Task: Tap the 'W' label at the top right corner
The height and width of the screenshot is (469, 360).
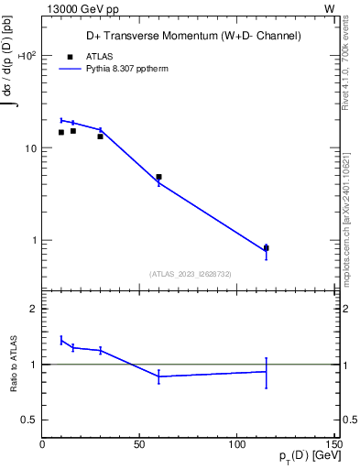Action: click(329, 8)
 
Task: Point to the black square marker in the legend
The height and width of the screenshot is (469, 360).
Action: click(69, 56)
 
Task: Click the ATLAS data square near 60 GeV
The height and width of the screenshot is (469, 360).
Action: click(158, 177)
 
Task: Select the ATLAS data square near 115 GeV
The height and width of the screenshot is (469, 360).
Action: click(267, 247)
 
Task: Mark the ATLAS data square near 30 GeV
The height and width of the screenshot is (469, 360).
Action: click(101, 136)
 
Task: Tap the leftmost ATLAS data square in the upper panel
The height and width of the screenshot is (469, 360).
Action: click(61, 132)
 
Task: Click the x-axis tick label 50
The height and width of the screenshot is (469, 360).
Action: click(139, 444)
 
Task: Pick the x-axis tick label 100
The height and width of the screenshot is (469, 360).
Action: click(236, 444)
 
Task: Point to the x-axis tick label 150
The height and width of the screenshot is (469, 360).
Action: click(333, 444)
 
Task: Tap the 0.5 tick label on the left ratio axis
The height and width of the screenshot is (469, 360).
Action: click(29, 420)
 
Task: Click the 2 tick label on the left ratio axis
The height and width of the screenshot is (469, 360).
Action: click(33, 309)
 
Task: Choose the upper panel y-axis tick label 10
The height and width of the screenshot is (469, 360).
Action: click(29, 148)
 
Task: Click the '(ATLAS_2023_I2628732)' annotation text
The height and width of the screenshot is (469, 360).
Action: click(191, 273)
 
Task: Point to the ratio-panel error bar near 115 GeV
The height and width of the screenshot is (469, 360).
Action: click(267, 372)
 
